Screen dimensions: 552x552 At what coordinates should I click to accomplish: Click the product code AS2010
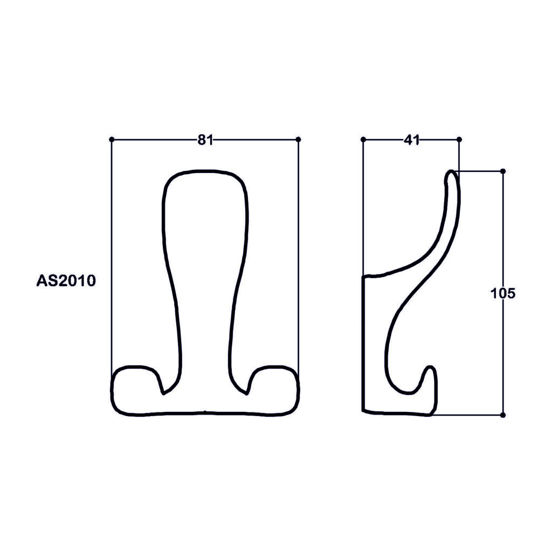pos(66,281)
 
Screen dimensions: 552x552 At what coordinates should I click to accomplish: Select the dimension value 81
pos(205,140)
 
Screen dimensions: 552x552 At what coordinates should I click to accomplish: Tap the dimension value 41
pos(411,140)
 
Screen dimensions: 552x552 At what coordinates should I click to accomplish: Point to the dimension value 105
pos(503,293)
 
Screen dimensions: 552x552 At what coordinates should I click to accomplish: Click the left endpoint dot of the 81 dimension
pos(112,140)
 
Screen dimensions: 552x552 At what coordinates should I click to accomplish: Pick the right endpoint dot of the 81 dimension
pos(299,140)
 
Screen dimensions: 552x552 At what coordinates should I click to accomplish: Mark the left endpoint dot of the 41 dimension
pos(363,140)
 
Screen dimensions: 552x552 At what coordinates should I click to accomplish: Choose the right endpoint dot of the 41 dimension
pos(459,140)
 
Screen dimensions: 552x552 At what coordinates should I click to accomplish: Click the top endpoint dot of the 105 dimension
pos(503,171)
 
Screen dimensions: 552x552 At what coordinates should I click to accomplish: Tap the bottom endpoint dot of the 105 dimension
pos(503,415)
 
